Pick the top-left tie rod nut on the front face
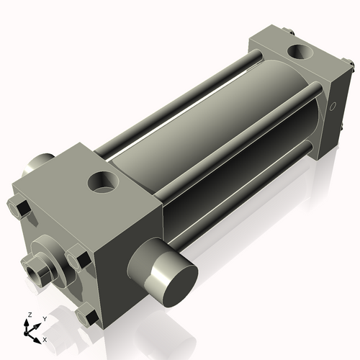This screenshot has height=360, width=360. pyautogui.click(x=20, y=209)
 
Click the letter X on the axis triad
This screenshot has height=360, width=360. pyautogui.click(x=45, y=338)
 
